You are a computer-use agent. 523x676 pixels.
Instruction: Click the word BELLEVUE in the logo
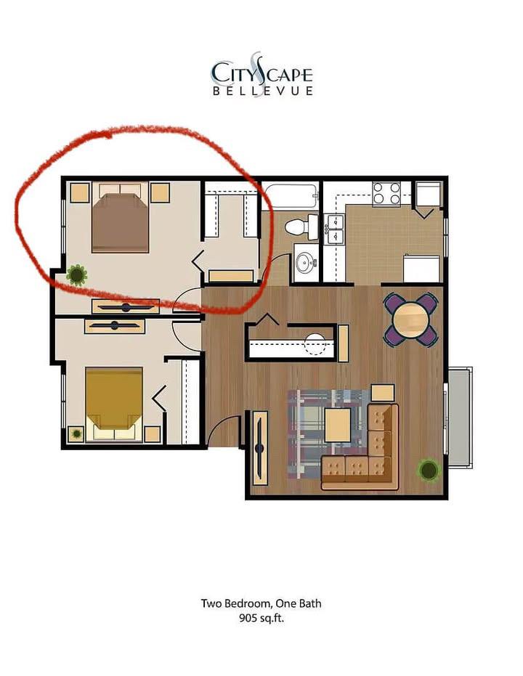click(262, 91)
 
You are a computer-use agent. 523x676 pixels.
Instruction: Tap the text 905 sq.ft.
click(261, 618)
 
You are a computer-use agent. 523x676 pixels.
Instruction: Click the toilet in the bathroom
click(301, 227)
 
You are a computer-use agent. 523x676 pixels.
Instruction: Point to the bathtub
click(290, 197)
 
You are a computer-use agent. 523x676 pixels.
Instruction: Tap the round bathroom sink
click(305, 261)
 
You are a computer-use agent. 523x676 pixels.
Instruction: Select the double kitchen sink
click(335, 229)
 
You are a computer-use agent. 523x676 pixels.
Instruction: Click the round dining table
click(411, 319)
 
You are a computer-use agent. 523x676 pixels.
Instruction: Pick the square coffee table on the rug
click(338, 425)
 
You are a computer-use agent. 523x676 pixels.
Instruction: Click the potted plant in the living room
click(429, 470)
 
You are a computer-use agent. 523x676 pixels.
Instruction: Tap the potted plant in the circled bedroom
click(77, 274)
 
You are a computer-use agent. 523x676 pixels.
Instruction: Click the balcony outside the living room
click(460, 417)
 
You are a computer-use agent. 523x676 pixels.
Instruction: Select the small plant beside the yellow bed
click(77, 433)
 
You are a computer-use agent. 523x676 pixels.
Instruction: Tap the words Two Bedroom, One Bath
click(261, 603)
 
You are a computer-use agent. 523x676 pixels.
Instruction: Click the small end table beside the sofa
click(383, 393)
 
